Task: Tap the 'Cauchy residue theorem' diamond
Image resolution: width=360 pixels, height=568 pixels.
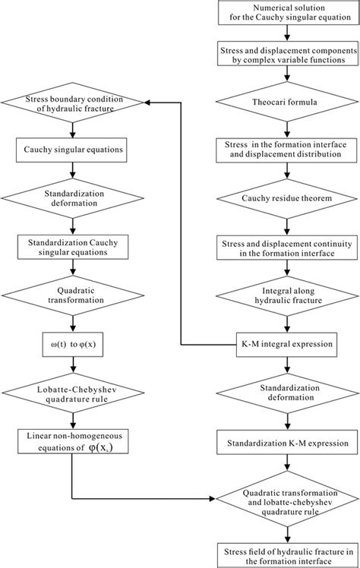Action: pyautogui.click(x=287, y=200)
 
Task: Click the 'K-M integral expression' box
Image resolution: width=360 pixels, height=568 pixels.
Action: pyautogui.click(x=287, y=343)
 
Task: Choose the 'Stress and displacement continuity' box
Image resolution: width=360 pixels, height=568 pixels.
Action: pyautogui.click(x=287, y=248)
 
